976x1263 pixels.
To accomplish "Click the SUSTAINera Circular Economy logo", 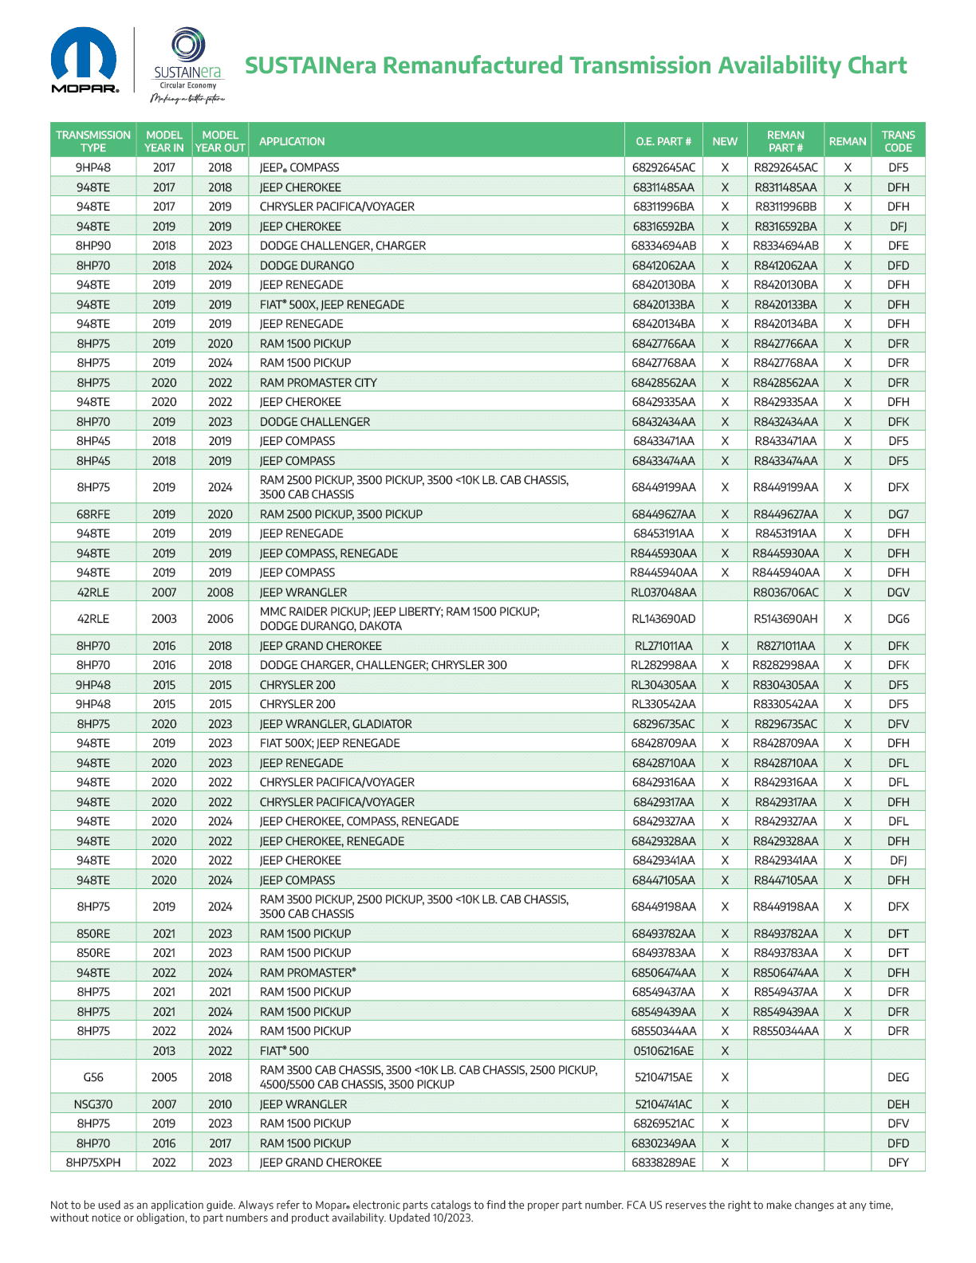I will click(187, 65).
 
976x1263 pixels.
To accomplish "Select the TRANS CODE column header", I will click(898, 141).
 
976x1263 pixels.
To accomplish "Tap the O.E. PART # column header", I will click(663, 141).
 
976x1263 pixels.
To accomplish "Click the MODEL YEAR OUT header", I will click(220, 141).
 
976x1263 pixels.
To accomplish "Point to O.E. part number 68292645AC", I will click(663, 167).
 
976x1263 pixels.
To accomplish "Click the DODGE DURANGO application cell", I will click(307, 266).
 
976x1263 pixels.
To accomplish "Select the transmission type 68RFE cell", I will click(93, 514).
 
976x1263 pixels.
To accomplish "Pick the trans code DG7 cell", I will click(898, 514).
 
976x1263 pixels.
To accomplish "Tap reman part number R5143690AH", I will click(785, 619).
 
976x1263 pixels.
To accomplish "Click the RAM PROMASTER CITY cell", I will click(318, 383).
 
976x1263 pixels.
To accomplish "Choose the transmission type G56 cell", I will click(93, 1077).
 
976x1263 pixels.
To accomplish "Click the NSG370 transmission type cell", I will click(93, 1104).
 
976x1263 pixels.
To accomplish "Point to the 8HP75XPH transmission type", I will click(93, 1163).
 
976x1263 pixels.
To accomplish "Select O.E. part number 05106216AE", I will click(663, 1051).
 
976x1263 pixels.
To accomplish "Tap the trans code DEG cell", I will click(898, 1077).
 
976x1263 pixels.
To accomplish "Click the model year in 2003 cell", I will click(164, 619).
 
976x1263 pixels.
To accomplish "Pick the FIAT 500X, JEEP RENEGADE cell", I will click(332, 305).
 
